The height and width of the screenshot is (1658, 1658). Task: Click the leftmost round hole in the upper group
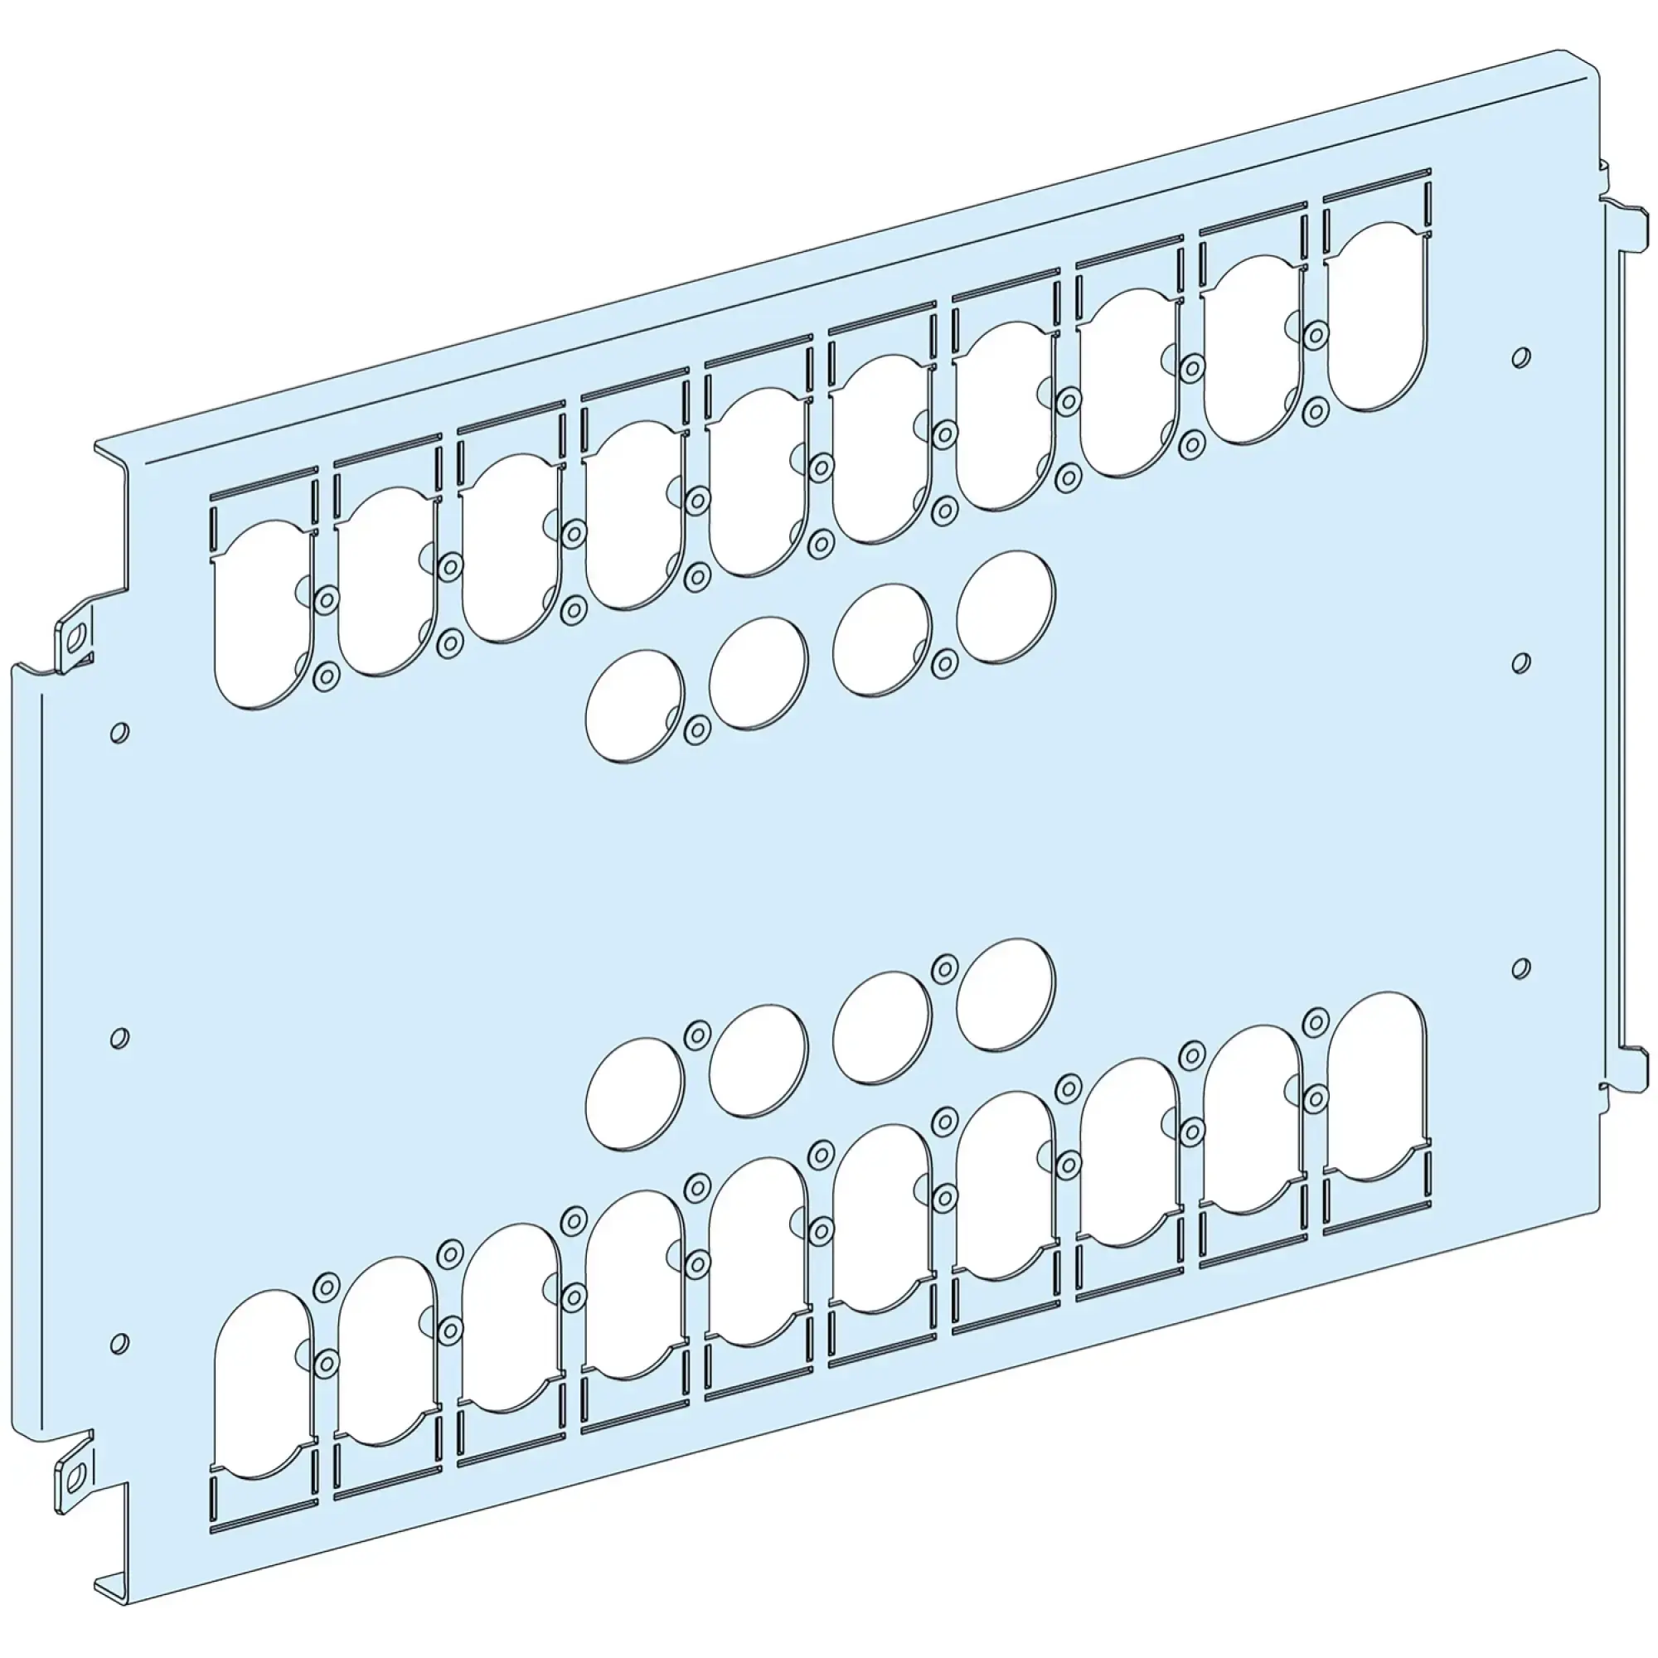(x=635, y=706)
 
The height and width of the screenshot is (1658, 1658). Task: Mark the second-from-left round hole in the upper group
(x=759, y=674)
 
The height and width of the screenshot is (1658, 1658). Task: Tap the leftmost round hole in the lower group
(x=635, y=1093)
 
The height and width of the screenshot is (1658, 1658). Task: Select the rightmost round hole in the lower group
(x=1006, y=994)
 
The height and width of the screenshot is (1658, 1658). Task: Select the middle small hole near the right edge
(x=1520, y=662)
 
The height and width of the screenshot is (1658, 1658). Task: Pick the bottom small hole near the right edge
(x=1520, y=968)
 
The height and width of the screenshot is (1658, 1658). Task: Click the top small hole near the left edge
(x=120, y=732)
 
